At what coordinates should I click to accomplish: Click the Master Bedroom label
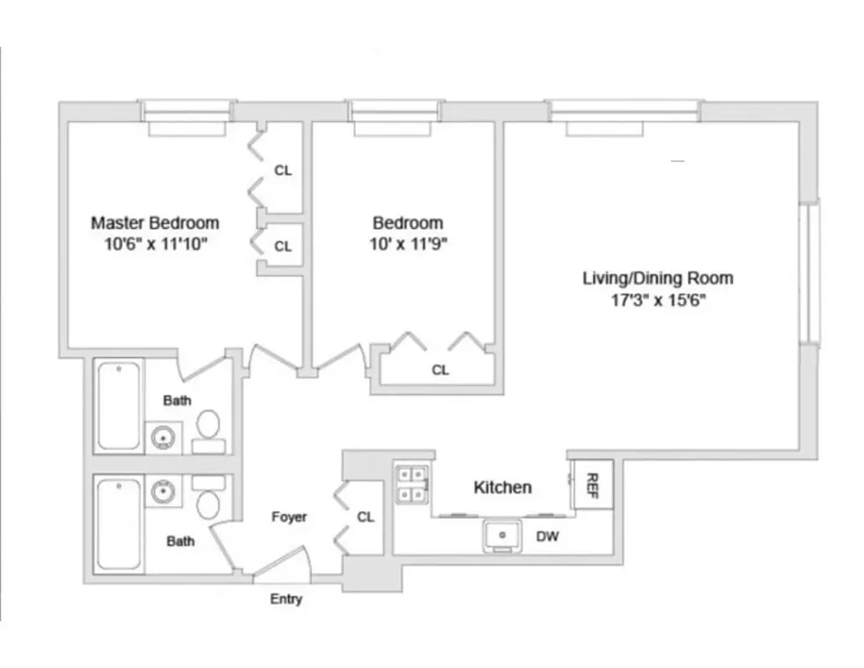click(x=154, y=223)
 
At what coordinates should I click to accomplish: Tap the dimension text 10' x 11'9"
click(x=407, y=245)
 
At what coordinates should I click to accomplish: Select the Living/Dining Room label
click(x=657, y=278)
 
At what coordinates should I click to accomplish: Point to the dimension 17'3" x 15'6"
click(x=657, y=300)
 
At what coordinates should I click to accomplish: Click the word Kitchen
click(x=503, y=487)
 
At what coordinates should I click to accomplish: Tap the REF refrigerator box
click(x=593, y=484)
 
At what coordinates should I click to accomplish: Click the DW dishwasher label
click(x=548, y=537)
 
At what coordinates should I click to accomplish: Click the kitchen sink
click(x=503, y=536)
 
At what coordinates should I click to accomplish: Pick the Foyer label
click(x=289, y=517)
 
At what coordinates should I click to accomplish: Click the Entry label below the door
click(x=285, y=599)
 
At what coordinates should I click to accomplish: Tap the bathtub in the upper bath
click(x=118, y=406)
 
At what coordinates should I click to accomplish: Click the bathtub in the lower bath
click(x=118, y=524)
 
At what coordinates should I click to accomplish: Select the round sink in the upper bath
click(x=161, y=436)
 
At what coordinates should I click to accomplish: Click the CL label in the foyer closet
click(x=366, y=517)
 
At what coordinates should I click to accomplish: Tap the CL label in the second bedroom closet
click(x=440, y=370)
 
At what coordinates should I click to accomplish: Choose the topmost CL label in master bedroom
click(x=283, y=170)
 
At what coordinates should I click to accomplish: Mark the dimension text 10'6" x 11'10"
click(x=154, y=245)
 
